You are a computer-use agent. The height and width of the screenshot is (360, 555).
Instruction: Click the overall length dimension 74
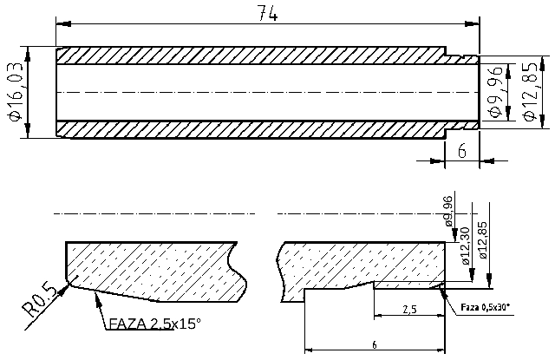coord(268,13)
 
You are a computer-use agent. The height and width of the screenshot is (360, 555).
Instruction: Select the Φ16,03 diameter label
coord(15,91)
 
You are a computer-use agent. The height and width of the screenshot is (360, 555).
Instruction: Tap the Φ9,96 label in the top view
coord(495,91)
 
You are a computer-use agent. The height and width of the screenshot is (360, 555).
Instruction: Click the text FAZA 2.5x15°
coord(154,324)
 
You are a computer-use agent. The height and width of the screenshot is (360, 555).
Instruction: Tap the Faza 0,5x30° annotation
coord(486,306)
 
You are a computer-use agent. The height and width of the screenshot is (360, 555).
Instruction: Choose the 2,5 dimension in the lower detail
coord(411,309)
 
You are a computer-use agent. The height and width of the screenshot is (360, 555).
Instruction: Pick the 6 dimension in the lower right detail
coord(374,344)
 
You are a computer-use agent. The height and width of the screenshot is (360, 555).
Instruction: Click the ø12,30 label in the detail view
coord(465,245)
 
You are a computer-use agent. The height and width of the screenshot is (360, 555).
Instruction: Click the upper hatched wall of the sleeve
coord(251,55)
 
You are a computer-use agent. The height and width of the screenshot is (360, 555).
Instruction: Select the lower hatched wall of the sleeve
coord(251,128)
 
